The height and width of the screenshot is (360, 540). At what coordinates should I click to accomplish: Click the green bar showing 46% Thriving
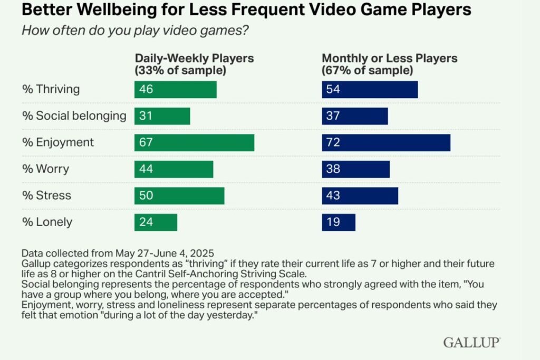pyautogui.click(x=175, y=90)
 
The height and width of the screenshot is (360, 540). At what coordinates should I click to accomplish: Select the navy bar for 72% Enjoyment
pyautogui.click(x=386, y=143)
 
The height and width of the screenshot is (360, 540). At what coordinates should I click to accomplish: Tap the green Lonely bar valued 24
pyautogui.click(x=156, y=222)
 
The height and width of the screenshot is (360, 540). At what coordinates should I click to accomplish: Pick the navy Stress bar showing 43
pyautogui.click(x=360, y=196)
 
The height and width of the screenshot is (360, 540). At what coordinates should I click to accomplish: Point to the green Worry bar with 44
pyautogui.click(x=173, y=169)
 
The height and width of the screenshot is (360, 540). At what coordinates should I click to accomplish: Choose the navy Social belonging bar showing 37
pyautogui.click(x=354, y=116)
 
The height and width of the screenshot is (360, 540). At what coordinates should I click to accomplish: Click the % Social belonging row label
pyautogui.click(x=74, y=116)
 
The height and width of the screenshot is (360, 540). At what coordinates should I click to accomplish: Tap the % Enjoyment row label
pyautogui.click(x=58, y=143)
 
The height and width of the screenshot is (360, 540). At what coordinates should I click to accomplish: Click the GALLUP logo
pyautogui.click(x=471, y=343)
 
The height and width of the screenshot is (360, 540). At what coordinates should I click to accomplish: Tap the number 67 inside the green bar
pyautogui.click(x=146, y=143)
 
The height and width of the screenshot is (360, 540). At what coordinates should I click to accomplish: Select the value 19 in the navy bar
pyautogui.click(x=333, y=222)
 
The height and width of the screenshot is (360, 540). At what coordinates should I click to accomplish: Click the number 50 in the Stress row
pyautogui.click(x=146, y=196)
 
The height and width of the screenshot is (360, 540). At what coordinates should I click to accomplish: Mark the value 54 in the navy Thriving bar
pyautogui.click(x=333, y=90)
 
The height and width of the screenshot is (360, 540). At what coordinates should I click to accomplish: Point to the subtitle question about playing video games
pyautogui.click(x=135, y=30)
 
